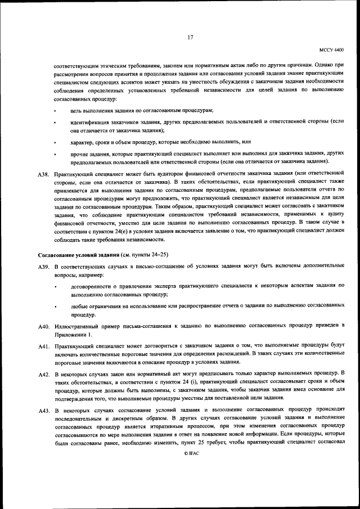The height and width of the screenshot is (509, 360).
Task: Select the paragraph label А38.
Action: (44, 175)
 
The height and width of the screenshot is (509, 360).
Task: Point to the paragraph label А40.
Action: (44, 326)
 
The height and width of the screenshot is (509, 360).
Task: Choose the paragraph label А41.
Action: (44, 344)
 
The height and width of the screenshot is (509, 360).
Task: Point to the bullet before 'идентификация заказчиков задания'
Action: (55, 122)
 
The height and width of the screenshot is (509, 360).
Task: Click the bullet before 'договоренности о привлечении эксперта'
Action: (55, 287)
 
